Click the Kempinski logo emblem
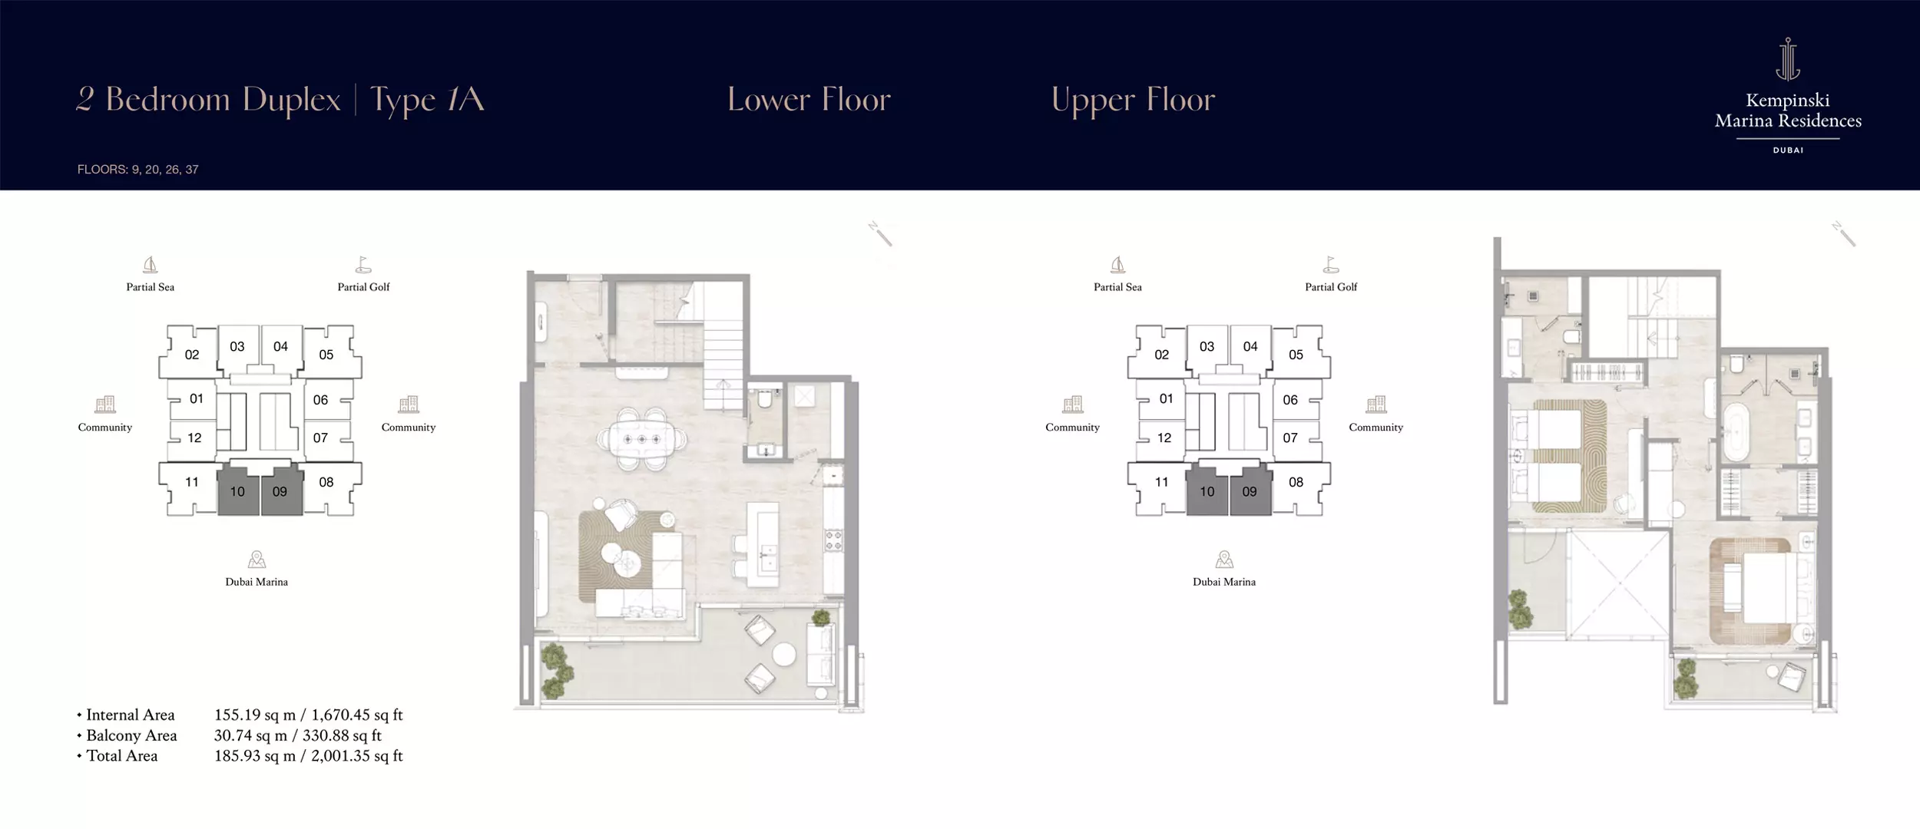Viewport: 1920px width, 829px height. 1788,59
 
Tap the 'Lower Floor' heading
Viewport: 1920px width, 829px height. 809,100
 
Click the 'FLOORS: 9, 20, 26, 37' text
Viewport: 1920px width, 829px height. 138,170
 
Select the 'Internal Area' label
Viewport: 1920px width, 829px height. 131,715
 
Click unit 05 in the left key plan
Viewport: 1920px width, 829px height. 326,355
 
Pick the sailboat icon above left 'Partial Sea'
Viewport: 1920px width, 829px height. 151,265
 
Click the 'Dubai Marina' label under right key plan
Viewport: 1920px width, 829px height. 1224,582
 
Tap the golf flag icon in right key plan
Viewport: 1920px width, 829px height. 1331,265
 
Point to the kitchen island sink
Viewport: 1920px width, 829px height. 765,550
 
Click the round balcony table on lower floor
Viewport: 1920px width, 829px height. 784,654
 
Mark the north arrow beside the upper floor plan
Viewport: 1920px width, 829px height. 1843,234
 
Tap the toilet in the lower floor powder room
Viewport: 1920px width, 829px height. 764,399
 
